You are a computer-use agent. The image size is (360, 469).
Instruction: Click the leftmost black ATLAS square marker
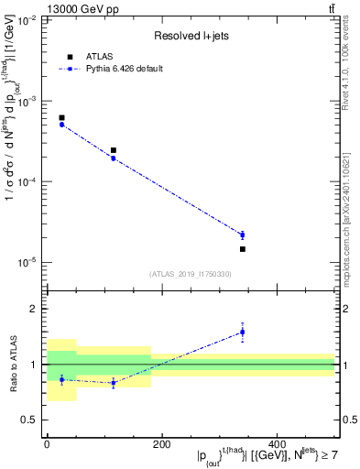(x=61, y=118)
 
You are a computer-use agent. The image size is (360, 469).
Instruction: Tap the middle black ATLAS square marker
(x=114, y=150)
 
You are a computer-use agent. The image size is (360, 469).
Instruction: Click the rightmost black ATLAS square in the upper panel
(x=243, y=249)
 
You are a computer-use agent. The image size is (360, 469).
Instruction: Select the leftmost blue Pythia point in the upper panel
(x=61, y=125)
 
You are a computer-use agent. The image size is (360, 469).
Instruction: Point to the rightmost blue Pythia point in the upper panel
(x=243, y=235)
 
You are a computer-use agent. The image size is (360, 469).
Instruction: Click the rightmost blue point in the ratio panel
(x=243, y=332)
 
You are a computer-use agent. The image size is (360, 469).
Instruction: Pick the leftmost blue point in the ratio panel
(x=61, y=379)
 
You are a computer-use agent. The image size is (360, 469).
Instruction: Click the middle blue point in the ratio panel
(x=114, y=383)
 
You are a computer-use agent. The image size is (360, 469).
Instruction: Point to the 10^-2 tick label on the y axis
(x=28, y=19)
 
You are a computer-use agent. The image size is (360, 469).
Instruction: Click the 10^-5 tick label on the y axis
(x=28, y=263)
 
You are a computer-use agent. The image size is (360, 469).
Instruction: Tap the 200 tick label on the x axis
(x=161, y=444)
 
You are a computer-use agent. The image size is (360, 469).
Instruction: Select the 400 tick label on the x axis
(x=277, y=444)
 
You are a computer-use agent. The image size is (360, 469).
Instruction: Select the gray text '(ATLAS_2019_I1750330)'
(x=191, y=274)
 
